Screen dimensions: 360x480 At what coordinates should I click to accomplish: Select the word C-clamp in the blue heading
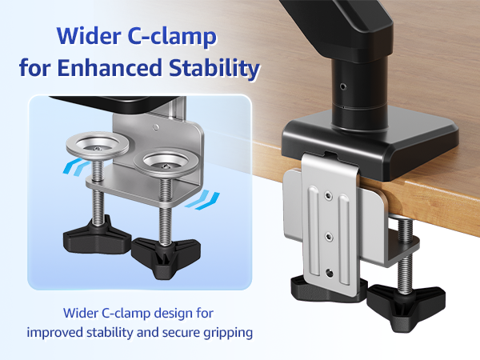(x=180, y=36)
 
